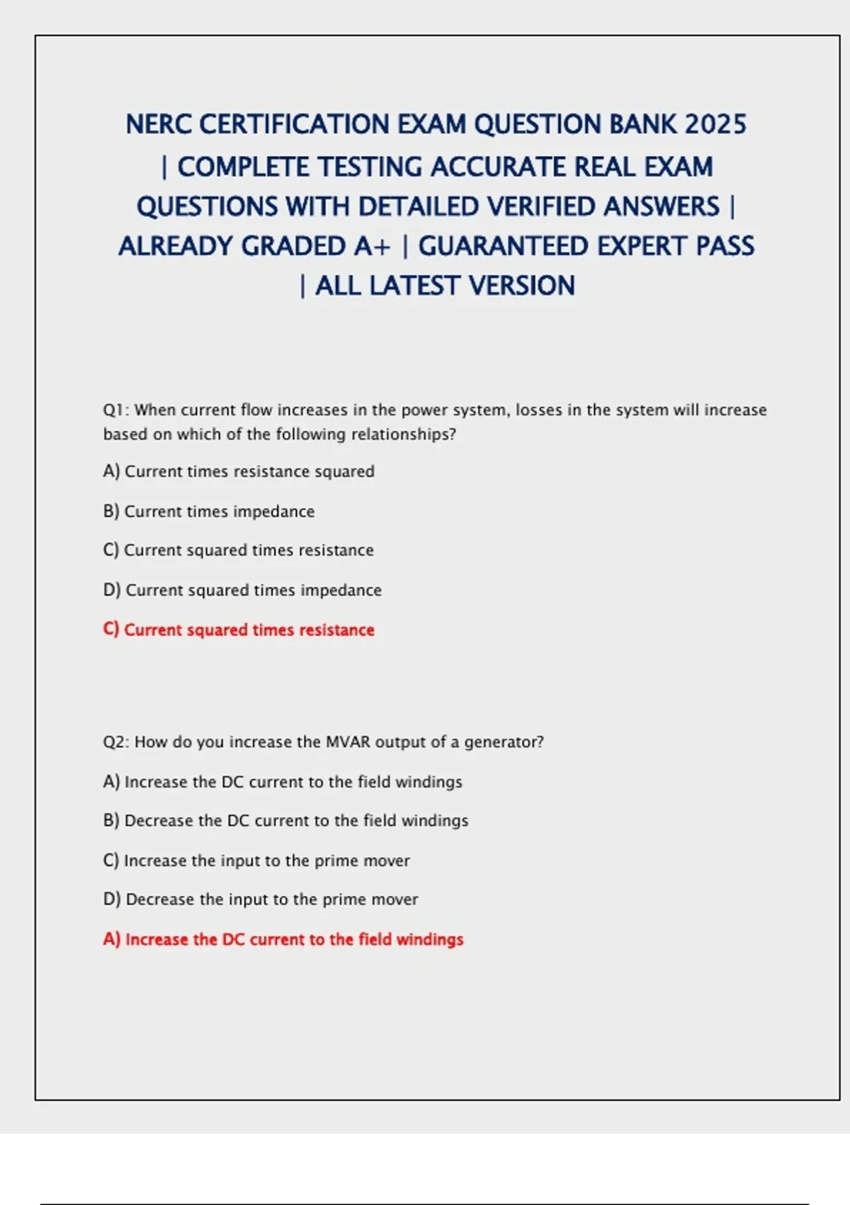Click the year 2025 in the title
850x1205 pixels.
tap(715, 125)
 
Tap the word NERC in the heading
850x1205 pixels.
tap(159, 125)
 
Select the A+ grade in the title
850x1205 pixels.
tap(372, 247)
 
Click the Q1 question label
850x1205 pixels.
tap(115, 410)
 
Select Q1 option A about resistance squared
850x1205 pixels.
tap(239, 471)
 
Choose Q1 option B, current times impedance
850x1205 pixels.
tap(209, 511)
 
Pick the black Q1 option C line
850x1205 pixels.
tap(238, 550)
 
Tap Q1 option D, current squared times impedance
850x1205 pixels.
tap(242, 590)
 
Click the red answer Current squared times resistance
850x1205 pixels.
tap(239, 629)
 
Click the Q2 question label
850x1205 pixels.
tap(115, 742)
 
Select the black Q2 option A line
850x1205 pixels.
tap(283, 782)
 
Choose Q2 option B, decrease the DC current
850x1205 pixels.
tap(285, 821)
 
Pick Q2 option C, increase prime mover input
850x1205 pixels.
tap(256, 861)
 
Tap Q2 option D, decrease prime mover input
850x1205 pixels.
tap(261, 899)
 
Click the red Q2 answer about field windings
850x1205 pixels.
tap(283, 939)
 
